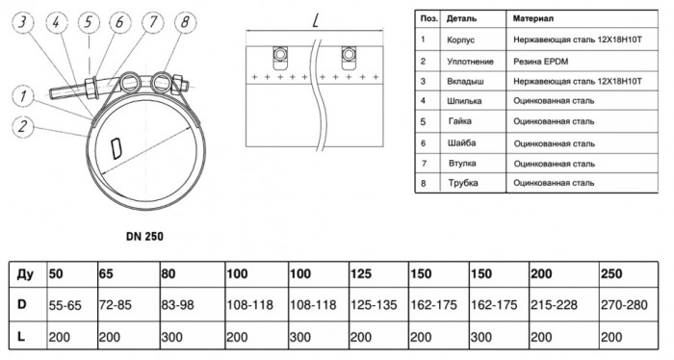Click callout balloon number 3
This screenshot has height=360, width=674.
click(x=22, y=22)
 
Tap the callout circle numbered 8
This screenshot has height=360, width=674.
click(x=185, y=22)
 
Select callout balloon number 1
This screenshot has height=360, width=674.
click(x=23, y=96)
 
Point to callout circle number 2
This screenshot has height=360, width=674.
click(x=23, y=127)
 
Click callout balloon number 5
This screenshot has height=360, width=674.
click(x=89, y=22)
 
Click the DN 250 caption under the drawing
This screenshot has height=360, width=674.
click(x=144, y=236)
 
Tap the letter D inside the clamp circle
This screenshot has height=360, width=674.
click(x=117, y=148)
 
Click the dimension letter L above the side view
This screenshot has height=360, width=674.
click(x=316, y=20)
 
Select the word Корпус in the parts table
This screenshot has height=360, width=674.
click(x=461, y=40)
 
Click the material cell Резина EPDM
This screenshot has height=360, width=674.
click(x=540, y=62)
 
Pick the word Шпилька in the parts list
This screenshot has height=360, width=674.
click(x=464, y=101)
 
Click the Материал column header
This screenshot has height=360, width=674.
click(x=533, y=19)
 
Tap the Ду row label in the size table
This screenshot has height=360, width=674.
click(x=25, y=274)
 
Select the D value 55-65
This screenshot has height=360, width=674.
click(x=65, y=305)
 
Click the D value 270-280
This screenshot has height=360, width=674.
click(x=624, y=305)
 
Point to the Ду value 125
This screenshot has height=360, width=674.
click(x=361, y=273)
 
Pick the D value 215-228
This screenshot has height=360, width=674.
click(x=554, y=305)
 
